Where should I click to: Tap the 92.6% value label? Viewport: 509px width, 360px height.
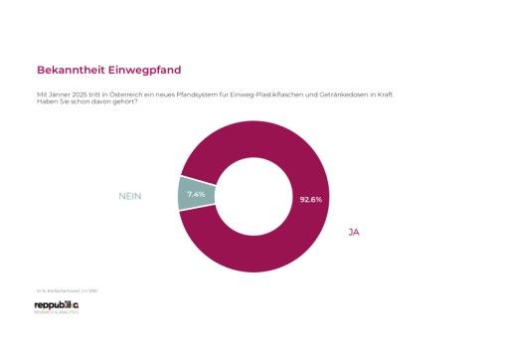(310, 199)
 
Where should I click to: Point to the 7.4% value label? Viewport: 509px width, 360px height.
(196, 194)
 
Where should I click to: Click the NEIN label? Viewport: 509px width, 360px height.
(130, 196)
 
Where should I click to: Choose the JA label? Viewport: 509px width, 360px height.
(353, 232)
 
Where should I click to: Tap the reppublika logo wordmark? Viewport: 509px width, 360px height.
(57, 304)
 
